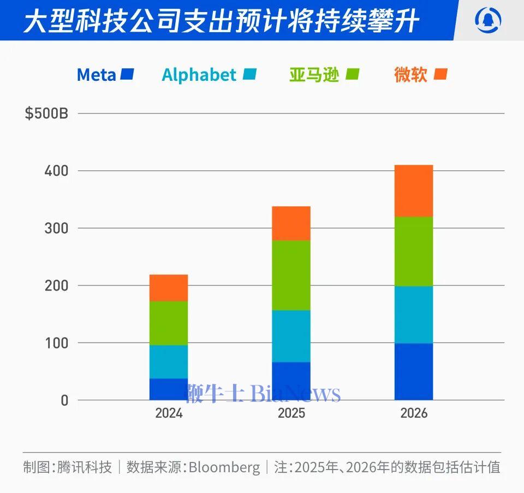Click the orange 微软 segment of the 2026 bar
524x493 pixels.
[414, 191]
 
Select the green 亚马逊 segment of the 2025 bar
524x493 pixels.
[291, 275]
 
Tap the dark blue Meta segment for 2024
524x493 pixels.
[169, 389]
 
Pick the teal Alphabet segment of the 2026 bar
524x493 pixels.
[414, 314]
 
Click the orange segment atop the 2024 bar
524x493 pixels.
[169, 288]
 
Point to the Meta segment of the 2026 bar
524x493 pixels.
[414, 371]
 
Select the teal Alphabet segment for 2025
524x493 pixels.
[291, 336]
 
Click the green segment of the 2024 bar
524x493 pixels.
[169, 323]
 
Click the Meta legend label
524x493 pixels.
[96, 75]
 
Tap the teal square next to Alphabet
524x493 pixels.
[250, 74]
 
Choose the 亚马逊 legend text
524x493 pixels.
[314, 75]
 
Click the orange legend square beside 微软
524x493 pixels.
[440, 74]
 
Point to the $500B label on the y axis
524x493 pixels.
[46, 114]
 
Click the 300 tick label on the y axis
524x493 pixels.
[56, 228]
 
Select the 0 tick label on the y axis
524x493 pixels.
[64, 400]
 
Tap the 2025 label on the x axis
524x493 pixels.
[291, 413]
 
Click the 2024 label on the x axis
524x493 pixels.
[169, 413]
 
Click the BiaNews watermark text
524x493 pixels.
[295, 393]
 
